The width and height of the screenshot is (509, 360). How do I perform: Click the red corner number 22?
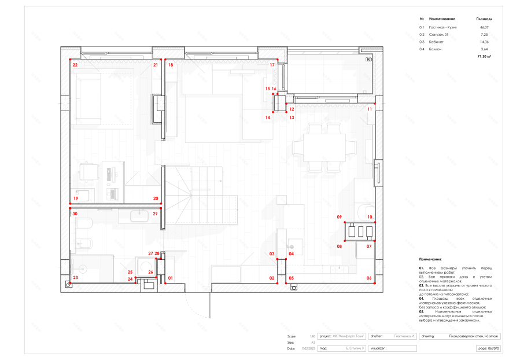coord(75,65)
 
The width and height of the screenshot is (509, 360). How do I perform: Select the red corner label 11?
coord(370,108)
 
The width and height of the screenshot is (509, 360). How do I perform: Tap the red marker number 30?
coord(75,214)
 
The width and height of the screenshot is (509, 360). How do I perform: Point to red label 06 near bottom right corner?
coord(369,278)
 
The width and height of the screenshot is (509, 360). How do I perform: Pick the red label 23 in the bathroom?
coord(75,278)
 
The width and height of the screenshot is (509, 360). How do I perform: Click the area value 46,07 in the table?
coord(484,27)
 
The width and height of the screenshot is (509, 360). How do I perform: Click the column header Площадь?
coord(484,19)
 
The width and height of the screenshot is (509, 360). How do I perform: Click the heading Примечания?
coord(430,260)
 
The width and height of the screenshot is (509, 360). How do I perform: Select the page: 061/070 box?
coord(488,348)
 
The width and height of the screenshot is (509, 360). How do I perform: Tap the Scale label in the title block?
coord(291,336)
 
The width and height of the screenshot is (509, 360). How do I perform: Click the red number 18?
coord(171,65)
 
